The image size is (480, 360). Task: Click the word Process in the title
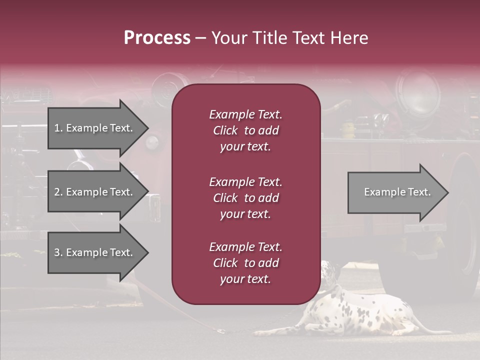[157, 38]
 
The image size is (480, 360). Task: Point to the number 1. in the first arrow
[58, 128]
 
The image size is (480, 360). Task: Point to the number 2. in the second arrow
[58, 192]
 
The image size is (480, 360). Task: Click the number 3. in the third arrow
[58, 252]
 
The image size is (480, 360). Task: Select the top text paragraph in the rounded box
[245, 130]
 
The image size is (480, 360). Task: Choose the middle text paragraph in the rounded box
[245, 198]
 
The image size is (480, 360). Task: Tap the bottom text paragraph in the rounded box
[245, 263]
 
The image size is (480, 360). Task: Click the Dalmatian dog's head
[330, 272]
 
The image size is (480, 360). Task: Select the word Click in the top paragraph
[225, 130]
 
